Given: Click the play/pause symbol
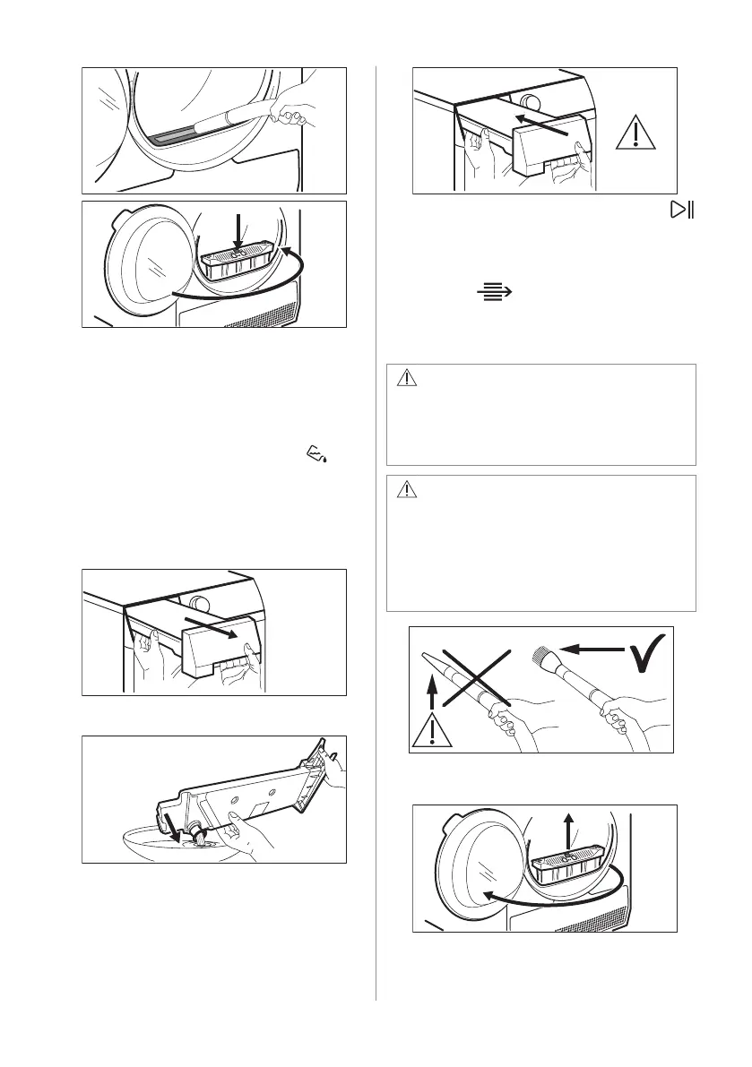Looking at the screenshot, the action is [x=684, y=211].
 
